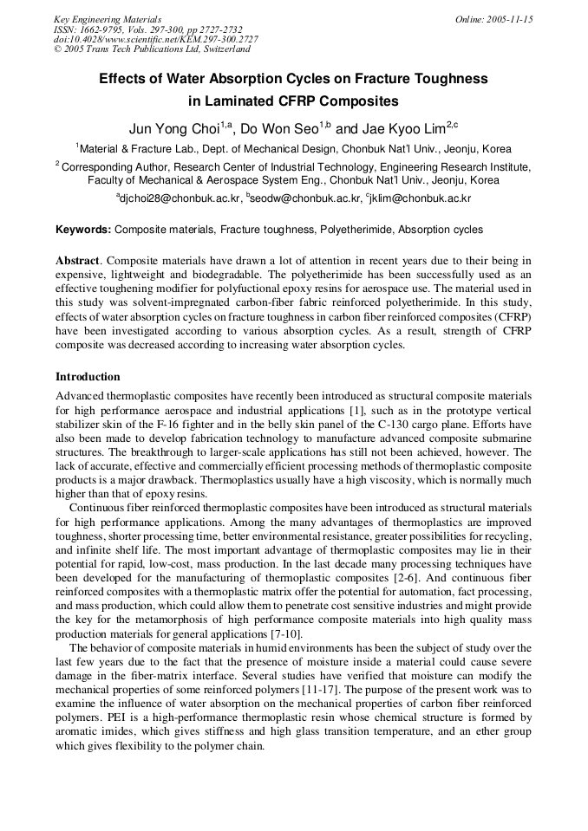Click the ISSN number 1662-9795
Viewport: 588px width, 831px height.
[100, 29]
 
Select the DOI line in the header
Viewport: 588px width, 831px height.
[156, 40]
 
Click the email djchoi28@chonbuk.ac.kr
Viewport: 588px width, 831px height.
[181, 198]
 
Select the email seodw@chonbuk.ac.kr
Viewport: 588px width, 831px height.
[308, 198]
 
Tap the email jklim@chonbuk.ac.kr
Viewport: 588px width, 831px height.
[421, 198]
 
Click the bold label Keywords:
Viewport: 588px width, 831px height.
[83, 230]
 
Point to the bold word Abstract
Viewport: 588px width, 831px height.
[78, 261]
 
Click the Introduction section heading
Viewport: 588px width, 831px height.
[88, 377]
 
